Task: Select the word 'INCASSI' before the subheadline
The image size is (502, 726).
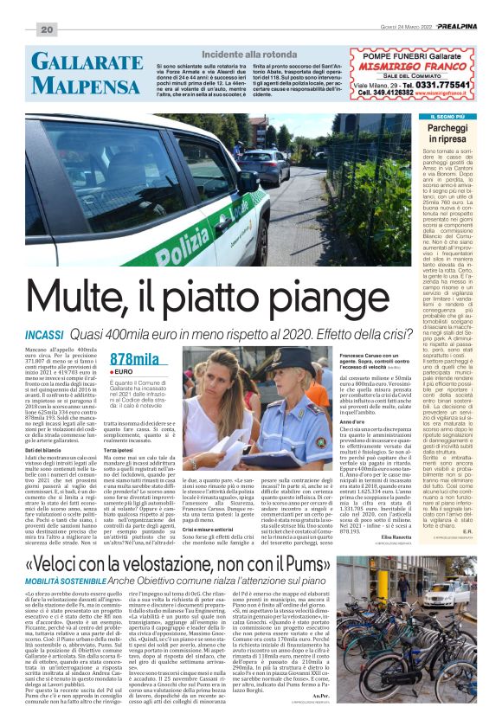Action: (x=50, y=333)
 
